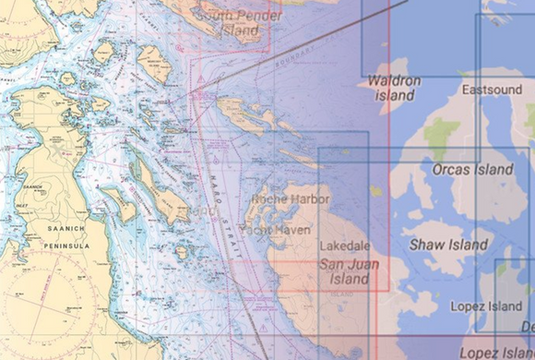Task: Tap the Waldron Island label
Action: click(394, 88)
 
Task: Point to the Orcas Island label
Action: click(472, 171)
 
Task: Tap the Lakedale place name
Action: click(343, 247)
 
